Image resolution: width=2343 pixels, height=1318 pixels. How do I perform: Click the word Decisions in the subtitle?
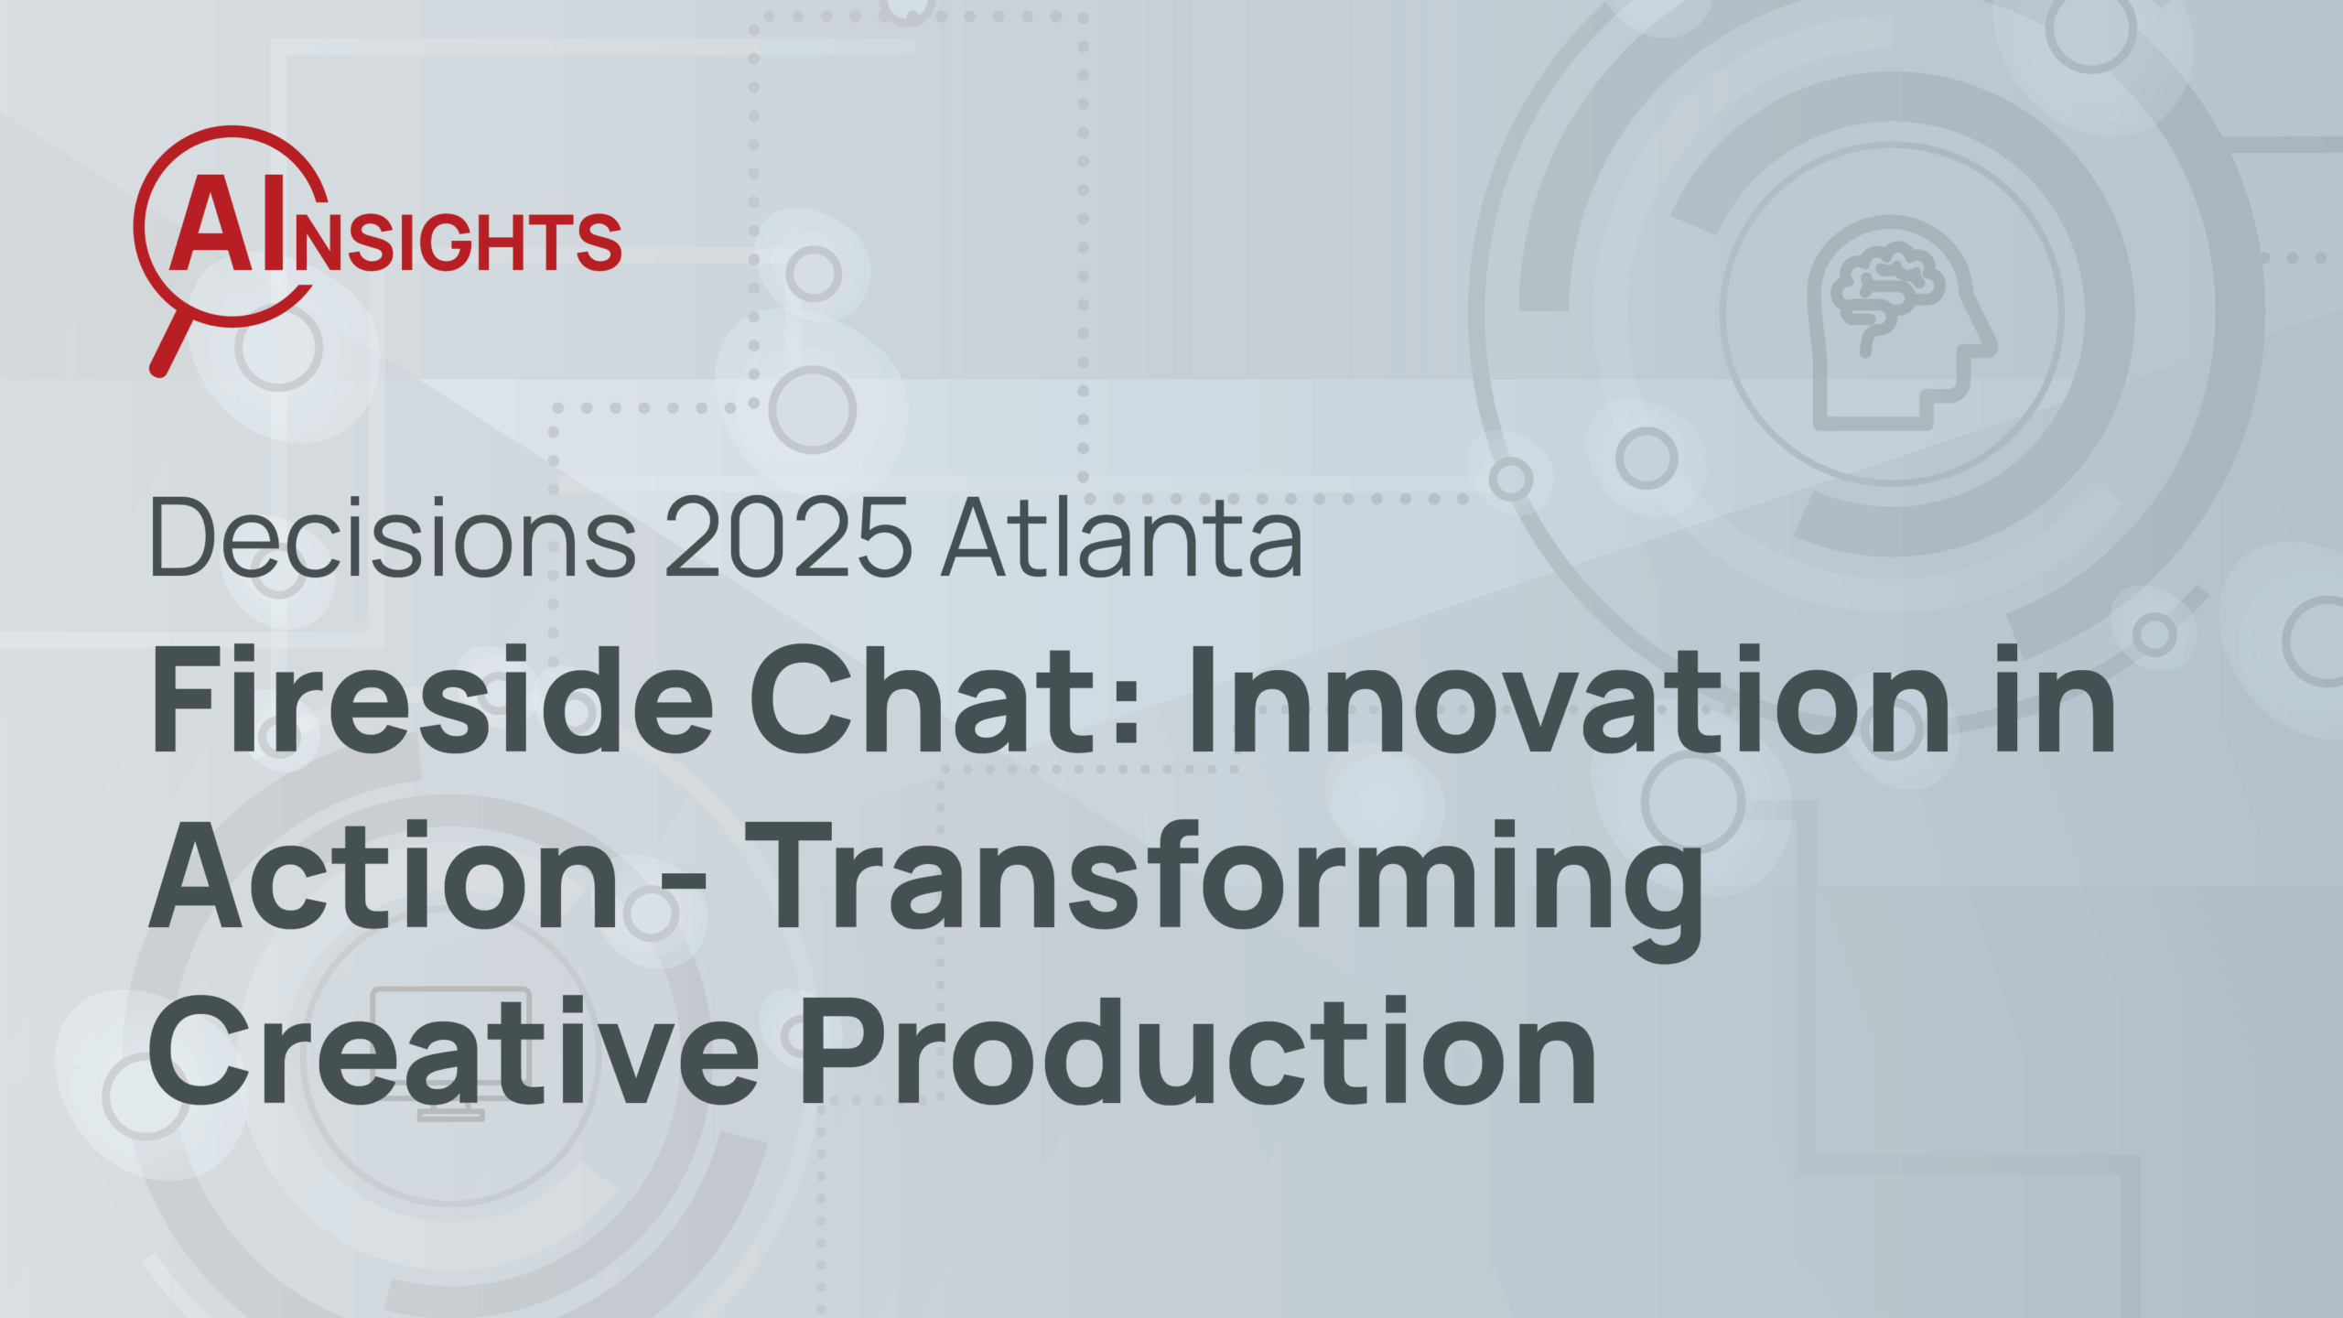pyautogui.click(x=393, y=537)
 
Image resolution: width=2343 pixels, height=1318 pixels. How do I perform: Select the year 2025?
pyautogui.click(x=788, y=537)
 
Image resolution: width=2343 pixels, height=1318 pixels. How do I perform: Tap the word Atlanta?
pyautogui.click(x=1122, y=537)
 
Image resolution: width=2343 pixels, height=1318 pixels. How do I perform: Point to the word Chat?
pyautogui.click(x=924, y=699)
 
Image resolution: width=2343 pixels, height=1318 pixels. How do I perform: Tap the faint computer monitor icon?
pyautogui.click(x=451, y=1053)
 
